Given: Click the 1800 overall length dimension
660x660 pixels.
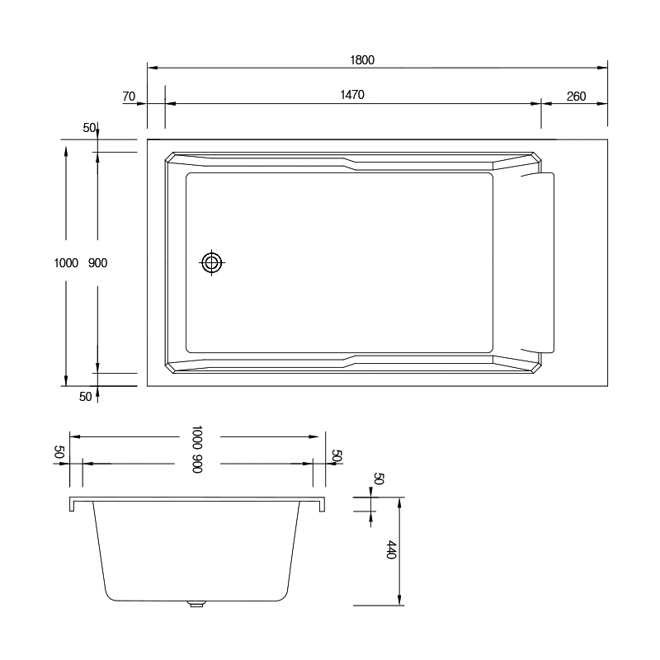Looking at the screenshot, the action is pos(362,60).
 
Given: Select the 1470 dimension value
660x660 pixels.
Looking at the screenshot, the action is pos(352,95).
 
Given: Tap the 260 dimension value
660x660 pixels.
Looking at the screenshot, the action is pos(576,97).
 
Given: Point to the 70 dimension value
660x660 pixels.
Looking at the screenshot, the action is pos(129,97).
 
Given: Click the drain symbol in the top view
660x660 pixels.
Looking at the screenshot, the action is pos(212,262).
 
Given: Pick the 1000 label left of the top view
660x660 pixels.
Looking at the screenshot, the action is pos(66,263).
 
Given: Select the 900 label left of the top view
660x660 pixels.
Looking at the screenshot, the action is pos(97,263).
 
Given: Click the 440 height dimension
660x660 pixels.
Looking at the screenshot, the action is pos(391,549).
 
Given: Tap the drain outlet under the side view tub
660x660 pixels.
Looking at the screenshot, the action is pos(196,604).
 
